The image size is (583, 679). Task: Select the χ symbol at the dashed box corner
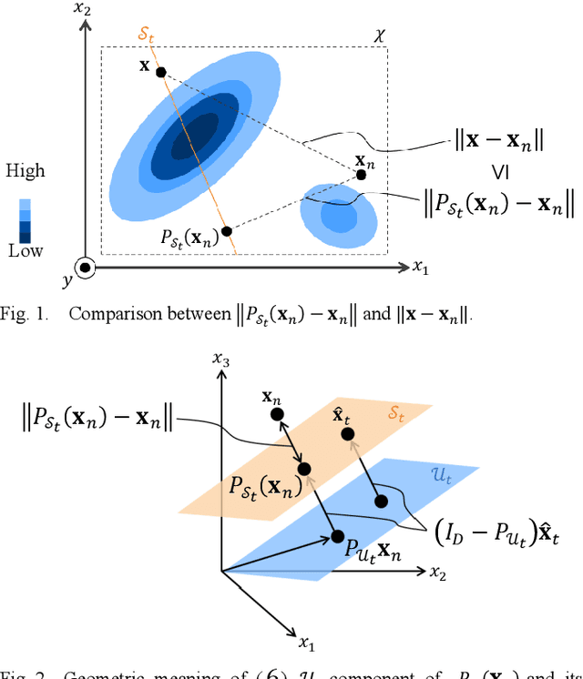(x=381, y=35)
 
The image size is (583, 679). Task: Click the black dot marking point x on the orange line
(x=160, y=72)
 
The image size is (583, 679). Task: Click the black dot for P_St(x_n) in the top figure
(x=227, y=231)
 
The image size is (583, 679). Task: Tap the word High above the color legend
(x=26, y=170)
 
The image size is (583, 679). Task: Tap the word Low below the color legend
(x=25, y=251)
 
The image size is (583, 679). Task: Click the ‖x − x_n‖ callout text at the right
(x=499, y=141)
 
